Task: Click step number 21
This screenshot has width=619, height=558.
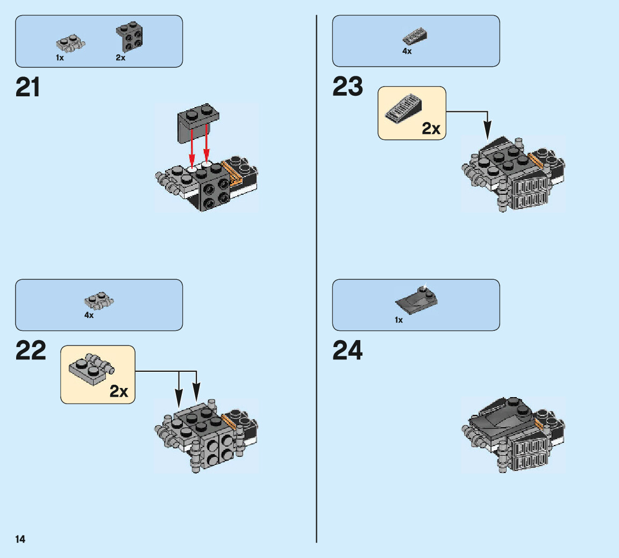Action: pyautogui.click(x=28, y=87)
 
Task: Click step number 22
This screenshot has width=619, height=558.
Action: pyautogui.click(x=31, y=351)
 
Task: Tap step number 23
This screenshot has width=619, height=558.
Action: pyautogui.click(x=348, y=87)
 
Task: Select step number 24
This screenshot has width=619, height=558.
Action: pyautogui.click(x=348, y=351)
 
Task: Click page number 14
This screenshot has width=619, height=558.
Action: pyautogui.click(x=20, y=539)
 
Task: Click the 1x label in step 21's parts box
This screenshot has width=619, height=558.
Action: pyautogui.click(x=60, y=58)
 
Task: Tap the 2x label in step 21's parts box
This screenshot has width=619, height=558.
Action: pyautogui.click(x=120, y=58)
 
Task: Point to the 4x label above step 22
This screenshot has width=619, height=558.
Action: pyautogui.click(x=89, y=315)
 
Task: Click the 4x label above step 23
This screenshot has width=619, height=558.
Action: pyautogui.click(x=407, y=51)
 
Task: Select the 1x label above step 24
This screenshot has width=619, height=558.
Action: pyautogui.click(x=399, y=320)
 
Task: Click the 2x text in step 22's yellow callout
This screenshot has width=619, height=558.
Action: pyautogui.click(x=119, y=391)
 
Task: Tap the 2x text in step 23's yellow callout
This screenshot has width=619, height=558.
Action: pyautogui.click(x=431, y=128)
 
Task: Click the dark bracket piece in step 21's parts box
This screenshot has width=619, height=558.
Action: pyautogui.click(x=129, y=37)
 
